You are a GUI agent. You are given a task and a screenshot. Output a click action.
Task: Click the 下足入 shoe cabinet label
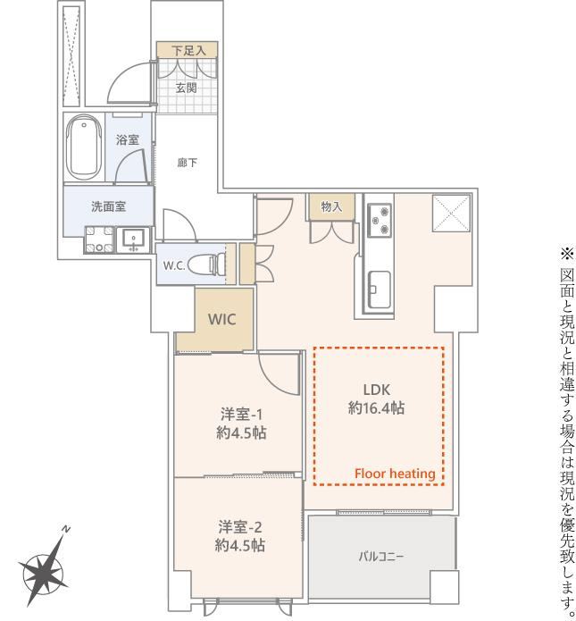pyautogui.click(x=188, y=50)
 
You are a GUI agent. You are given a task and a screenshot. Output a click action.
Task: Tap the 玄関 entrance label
pyautogui.click(x=187, y=88)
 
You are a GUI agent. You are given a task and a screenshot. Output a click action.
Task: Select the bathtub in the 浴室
pyautogui.click(x=84, y=147)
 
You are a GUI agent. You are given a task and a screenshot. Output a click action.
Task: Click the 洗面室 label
pyautogui.click(x=108, y=206)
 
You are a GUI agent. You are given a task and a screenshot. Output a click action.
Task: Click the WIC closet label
pyautogui.click(x=221, y=319)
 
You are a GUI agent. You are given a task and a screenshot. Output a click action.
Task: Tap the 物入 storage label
pyautogui.click(x=331, y=206)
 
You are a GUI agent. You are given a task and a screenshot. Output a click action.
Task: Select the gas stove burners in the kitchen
pyautogui.click(x=380, y=220)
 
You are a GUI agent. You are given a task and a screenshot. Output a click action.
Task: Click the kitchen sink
pyautogui.click(x=380, y=289)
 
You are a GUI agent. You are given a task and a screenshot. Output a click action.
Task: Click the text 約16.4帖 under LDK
pyautogui.click(x=376, y=407)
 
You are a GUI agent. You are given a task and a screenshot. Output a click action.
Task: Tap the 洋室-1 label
pyautogui.click(x=241, y=415)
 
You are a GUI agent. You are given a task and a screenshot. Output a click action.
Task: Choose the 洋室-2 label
pyautogui.click(x=240, y=527)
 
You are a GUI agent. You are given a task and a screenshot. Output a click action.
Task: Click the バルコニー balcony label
pyautogui.click(x=381, y=557)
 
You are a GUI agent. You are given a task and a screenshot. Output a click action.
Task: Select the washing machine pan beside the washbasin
pyautogui.click(x=98, y=239)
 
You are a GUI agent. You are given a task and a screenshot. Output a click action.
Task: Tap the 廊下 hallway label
pyautogui.click(x=188, y=163)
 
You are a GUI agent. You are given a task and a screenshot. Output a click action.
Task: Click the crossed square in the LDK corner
pyautogui.click(x=451, y=213)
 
